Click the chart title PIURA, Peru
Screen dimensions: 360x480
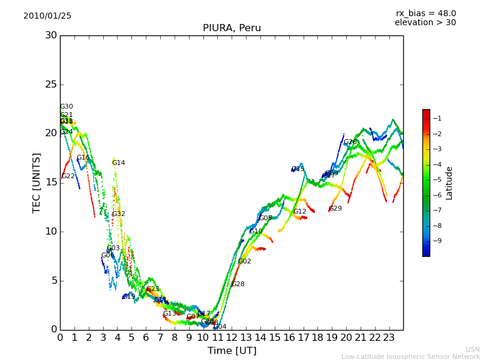(x=232, y=28)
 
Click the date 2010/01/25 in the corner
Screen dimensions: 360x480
(x=47, y=16)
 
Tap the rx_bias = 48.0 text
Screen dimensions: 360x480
(x=425, y=14)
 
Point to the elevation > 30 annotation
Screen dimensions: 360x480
(x=425, y=23)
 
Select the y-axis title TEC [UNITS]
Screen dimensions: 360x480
(x=37, y=182)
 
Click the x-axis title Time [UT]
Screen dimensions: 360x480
(x=232, y=351)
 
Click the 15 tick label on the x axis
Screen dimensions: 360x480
(x=275, y=338)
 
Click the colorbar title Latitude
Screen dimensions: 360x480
(x=449, y=183)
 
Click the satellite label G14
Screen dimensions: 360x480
(x=119, y=163)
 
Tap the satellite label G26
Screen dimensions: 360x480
(x=350, y=142)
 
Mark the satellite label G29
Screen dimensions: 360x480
(x=335, y=209)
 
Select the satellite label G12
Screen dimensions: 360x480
(x=300, y=212)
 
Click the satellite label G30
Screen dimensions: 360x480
(x=67, y=107)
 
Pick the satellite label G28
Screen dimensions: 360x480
(x=238, y=284)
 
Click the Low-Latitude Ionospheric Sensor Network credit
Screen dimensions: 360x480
(x=410, y=357)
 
